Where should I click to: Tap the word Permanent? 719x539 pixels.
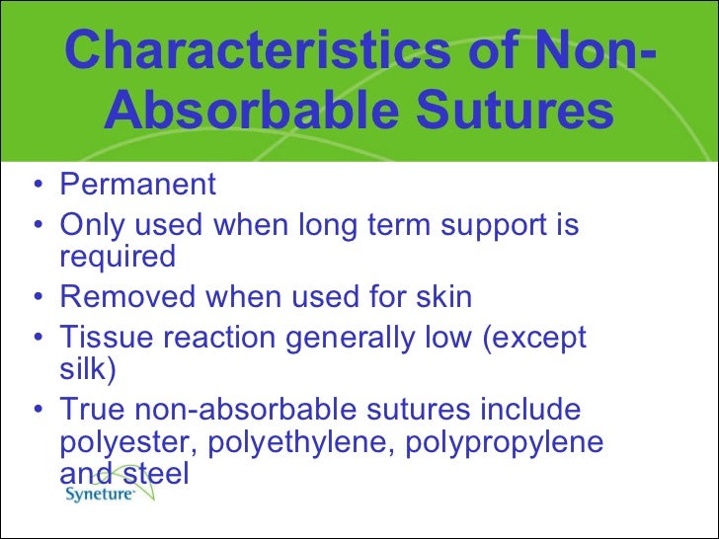click(x=137, y=185)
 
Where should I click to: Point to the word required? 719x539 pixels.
click(x=118, y=258)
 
